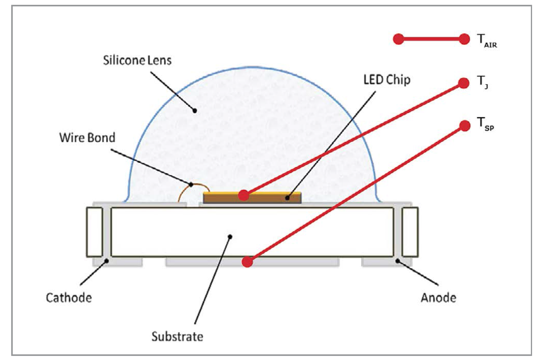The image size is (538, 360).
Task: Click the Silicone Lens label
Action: tap(137, 60)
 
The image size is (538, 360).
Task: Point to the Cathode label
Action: tap(69, 298)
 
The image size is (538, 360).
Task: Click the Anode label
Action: tap(438, 298)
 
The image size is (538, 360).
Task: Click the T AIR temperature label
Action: tap(487, 41)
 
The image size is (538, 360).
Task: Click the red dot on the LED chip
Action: tap(244, 195)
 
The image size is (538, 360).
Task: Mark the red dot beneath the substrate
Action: tap(247, 262)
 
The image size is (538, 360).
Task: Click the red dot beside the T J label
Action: tap(464, 83)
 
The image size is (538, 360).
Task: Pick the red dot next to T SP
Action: tap(464, 125)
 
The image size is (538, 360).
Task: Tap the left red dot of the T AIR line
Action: tap(398, 39)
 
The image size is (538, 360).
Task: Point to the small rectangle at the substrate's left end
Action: tap(95, 232)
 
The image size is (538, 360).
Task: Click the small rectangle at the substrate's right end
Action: tap(410, 232)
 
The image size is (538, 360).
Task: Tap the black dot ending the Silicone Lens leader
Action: tap(195, 111)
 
